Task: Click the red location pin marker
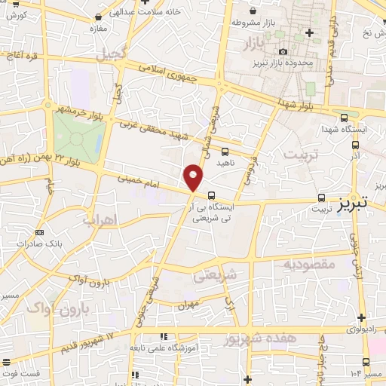[193, 178]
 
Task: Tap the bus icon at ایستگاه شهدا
[345, 118]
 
